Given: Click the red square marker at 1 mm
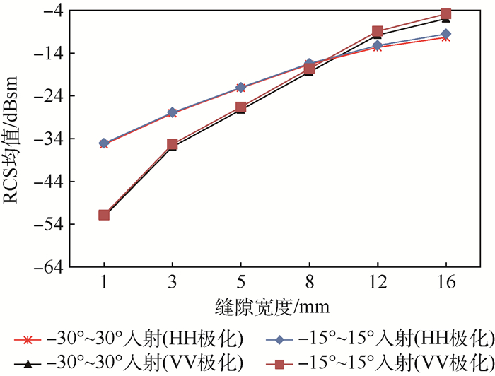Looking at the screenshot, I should tap(104, 215).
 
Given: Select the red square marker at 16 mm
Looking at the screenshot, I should tap(445, 14).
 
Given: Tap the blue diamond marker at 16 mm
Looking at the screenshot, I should tap(445, 34).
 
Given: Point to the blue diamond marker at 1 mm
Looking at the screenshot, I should tap(104, 143).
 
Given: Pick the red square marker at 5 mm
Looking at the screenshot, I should tap(240, 107).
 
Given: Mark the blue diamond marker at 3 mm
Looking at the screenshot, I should tap(173, 112).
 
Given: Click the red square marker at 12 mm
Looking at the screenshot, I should tap(377, 32).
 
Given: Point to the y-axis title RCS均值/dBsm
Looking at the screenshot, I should tap(15, 139).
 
